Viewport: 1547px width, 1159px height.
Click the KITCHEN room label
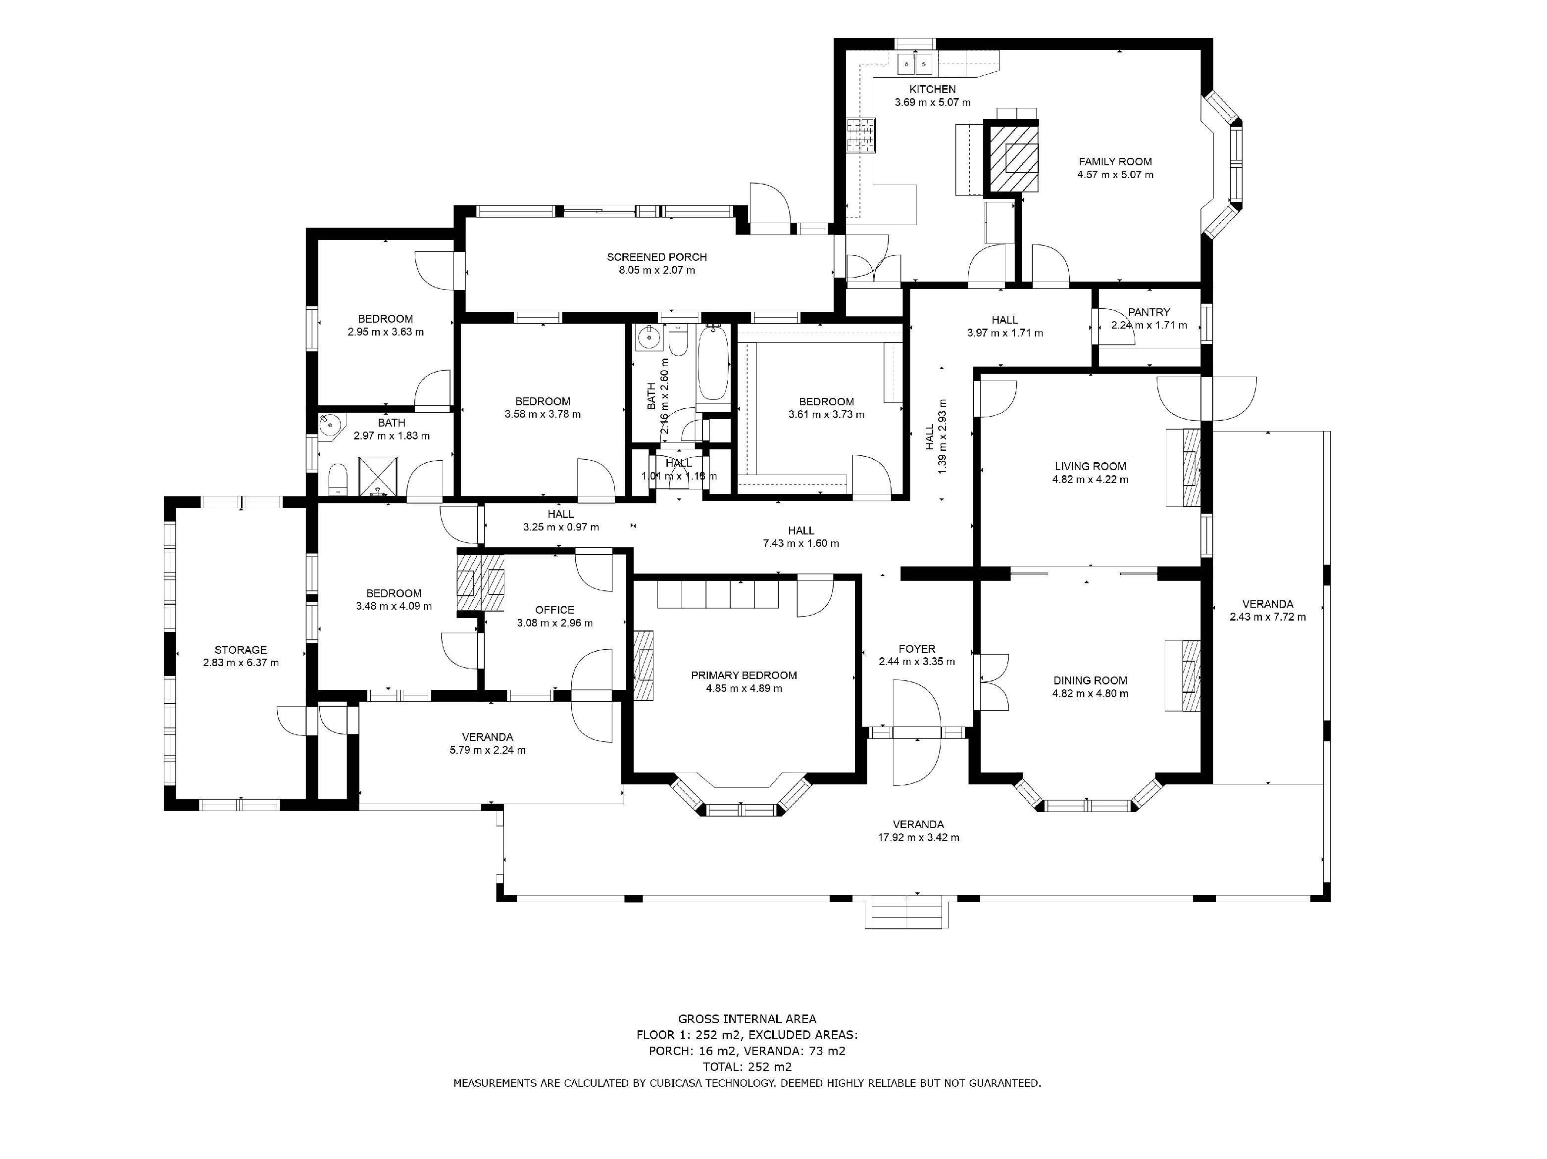[932, 90]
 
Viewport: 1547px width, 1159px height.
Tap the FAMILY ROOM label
[1115, 161]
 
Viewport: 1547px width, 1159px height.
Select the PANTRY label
[1149, 312]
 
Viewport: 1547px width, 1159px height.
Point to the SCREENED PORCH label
[657, 257]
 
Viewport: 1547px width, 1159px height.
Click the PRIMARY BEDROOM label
[744, 676]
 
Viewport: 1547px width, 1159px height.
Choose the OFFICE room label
[554, 610]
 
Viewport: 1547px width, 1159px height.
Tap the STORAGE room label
[241, 650]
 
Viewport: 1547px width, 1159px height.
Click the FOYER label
[917, 649]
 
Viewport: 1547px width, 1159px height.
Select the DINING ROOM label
[1090, 680]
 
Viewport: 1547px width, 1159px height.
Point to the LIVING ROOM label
[1090, 466]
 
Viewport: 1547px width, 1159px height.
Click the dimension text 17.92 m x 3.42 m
[918, 837]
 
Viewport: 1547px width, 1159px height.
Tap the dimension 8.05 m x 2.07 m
[657, 271]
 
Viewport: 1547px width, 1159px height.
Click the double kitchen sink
[915, 64]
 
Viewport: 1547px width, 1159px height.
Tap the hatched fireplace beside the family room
[1012, 157]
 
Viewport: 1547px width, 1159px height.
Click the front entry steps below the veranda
[907, 915]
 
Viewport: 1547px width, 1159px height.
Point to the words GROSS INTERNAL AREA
[747, 1019]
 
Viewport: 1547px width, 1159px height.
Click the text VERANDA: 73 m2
[795, 1051]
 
